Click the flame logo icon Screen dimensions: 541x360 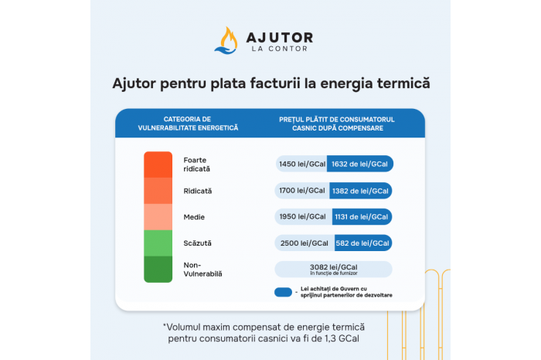point(226,41)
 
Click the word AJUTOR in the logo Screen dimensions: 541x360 point(280,37)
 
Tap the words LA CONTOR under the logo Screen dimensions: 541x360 point(280,49)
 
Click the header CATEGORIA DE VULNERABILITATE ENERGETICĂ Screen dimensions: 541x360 point(188,124)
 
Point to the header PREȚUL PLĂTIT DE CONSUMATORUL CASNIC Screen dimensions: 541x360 point(337,124)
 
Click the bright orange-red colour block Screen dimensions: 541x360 point(158,165)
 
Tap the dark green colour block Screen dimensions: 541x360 point(158,270)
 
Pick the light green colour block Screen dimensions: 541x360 point(158,243)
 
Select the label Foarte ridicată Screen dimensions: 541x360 point(196,165)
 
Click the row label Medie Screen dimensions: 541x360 point(194,217)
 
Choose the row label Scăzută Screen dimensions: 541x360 point(197,243)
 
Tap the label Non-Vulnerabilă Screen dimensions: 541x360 point(202,270)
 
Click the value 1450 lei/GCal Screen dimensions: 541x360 point(302,164)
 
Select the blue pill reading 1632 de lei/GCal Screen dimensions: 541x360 point(360,164)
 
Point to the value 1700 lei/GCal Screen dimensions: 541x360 point(302,190)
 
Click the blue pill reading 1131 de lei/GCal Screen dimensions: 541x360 point(362,217)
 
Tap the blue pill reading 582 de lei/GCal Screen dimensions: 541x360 point(363,243)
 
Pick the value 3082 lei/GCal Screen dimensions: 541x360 point(334,267)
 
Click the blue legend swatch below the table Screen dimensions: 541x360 point(284,293)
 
